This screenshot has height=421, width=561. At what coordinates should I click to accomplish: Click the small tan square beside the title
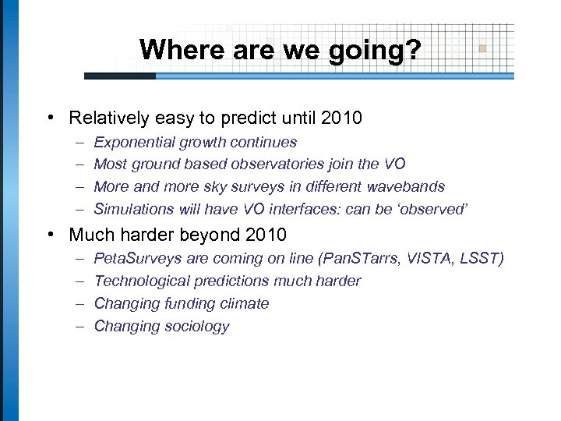[482, 48]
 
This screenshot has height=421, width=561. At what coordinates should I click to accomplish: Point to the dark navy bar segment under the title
[120, 76]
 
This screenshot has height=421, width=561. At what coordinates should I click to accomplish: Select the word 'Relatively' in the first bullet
[107, 119]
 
